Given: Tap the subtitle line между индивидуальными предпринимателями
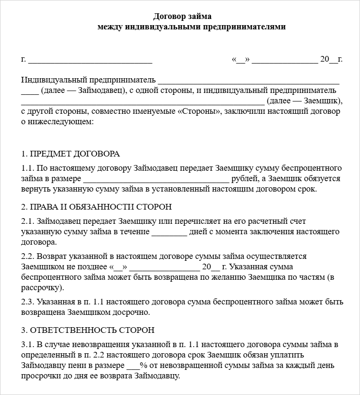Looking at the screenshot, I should [x=192, y=27].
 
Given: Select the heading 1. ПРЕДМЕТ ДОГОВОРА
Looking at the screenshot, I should [x=71, y=154].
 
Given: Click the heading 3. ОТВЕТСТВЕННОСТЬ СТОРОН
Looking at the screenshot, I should [x=88, y=330].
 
